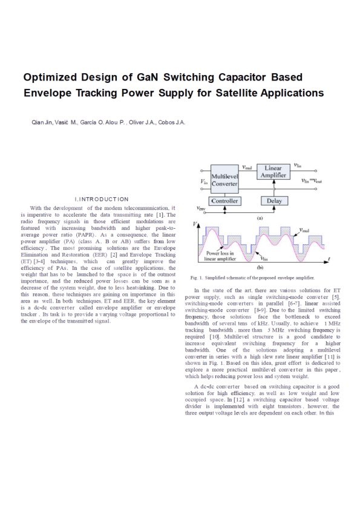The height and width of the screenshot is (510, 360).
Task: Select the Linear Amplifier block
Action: point(273,172)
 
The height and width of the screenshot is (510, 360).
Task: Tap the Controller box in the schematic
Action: point(224,201)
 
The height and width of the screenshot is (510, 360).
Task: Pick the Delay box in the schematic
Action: point(273,201)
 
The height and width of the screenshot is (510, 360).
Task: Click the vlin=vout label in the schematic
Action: point(312,180)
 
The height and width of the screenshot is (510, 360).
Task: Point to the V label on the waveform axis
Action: point(195,224)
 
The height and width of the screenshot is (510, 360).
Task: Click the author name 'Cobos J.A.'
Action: point(171,123)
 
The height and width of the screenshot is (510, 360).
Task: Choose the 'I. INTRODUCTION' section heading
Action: point(101,199)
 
